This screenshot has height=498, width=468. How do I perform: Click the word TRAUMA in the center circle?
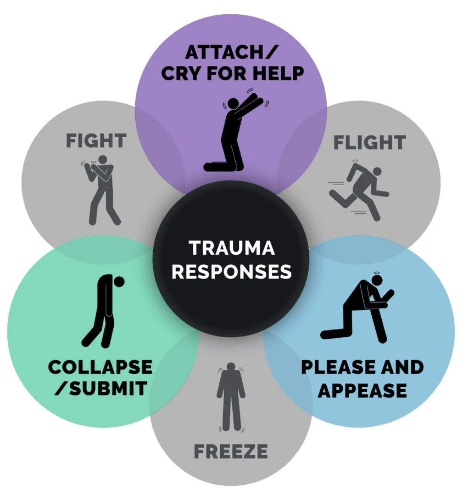click(x=231, y=248)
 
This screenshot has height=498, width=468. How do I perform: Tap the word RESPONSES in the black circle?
click(x=231, y=272)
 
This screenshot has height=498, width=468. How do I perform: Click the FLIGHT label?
click(x=369, y=143)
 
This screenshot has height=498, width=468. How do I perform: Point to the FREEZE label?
click(x=231, y=452)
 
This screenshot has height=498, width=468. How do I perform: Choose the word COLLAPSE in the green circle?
click(x=100, y=367)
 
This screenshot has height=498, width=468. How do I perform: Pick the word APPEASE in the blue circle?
click(x=362, y=391)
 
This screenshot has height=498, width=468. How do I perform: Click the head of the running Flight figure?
click(x=377, y=171)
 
